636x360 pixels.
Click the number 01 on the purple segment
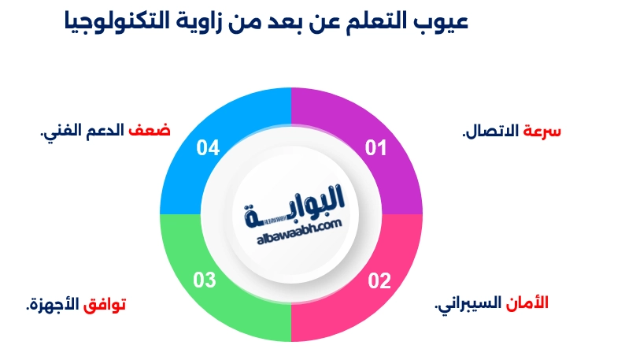[376, 147]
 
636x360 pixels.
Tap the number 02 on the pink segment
[379, 280]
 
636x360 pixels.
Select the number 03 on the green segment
[205, 280]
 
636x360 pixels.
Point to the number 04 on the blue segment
[208, 147]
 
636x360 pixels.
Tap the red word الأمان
[531, 303]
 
